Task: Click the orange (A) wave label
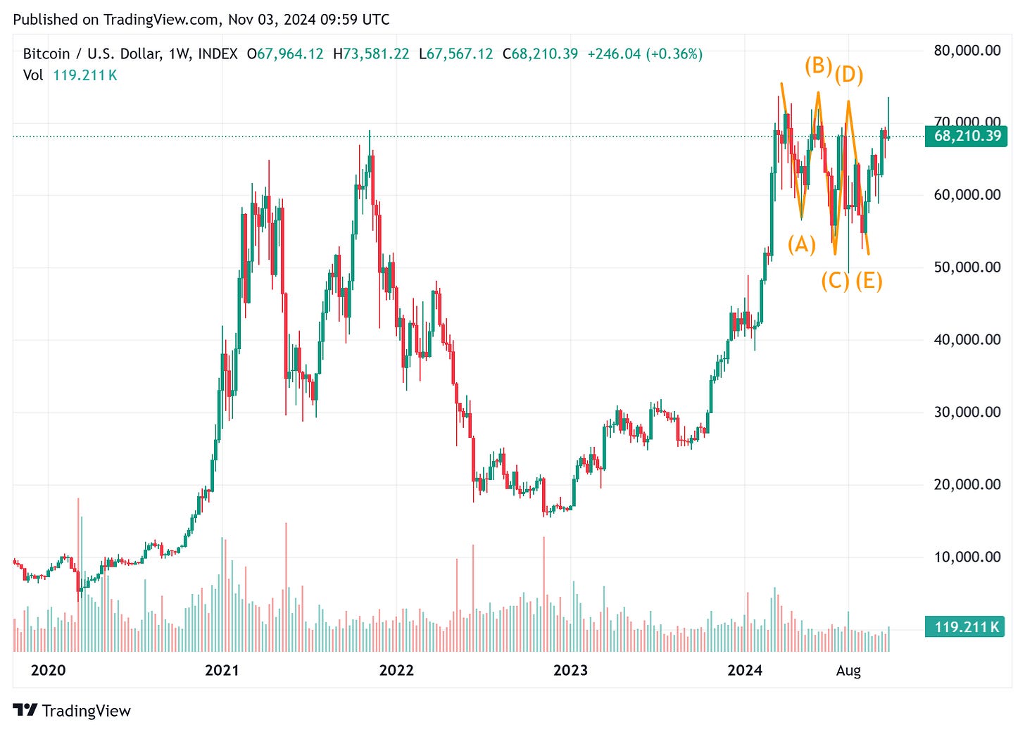pyautogui.click(x=802, y=244)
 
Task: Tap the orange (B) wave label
pyautogui.click(x=818, y=65)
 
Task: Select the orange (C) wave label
pyautogui.click(x=835, y=281)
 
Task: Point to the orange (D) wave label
pyautogui.click(x=849, y=74)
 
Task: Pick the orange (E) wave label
pyautogui.click(x=869, y=281)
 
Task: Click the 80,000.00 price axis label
pyautogui.click(x=967, y=50)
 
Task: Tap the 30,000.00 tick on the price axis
pyautogui.click(x=967, y=412)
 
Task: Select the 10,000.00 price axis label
pyautogui.click(x=967, y=557)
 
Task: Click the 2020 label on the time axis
pyautogui.click(x=48, y=670)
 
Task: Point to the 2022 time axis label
pyautogui.click(x=396, y=670)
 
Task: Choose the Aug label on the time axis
pyautogui.click(x=848, y=670)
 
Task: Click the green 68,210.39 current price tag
pyautogui.click(x=967, y=136)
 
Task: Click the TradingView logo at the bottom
pyautogui.click(x=73, y=710)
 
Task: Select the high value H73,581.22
pyautogui.click(x=371, y=54)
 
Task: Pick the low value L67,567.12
pyautogui.click(x=455, y=54)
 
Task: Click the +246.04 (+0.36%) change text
pyautogui.click(x=645, y=54)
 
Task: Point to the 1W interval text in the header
pyautogui.click(x=179, y=54)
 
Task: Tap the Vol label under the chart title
pyautogui.click(x=33, y=75)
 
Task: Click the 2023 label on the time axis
pyautogui.click(x=570, y=670)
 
